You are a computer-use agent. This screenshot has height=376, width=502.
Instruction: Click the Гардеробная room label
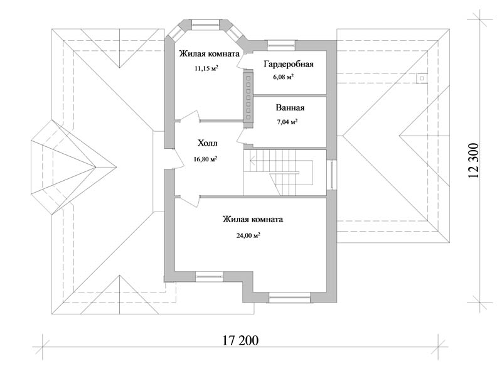(x=289, y=65)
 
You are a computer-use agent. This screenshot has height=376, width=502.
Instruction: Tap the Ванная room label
(x=290, y=107)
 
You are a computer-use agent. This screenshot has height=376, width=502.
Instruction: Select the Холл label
(x=208, y=143)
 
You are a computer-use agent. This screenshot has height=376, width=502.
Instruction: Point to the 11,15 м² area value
(x=206, y=68)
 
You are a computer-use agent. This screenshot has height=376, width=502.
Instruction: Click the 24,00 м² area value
(x=248, y=236)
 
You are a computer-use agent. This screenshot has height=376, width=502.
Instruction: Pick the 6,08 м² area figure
(x=284, y=77)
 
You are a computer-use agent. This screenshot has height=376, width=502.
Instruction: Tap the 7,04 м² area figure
(x=287, y=122)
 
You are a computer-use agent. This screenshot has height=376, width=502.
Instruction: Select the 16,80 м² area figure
(x=206, y=159)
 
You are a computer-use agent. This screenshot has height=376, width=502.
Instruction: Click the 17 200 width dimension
(x=240, y=340)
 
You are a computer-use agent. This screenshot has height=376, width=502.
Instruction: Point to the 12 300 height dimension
(x=474, y=161)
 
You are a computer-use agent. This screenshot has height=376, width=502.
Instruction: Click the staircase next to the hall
(x=278, y=173)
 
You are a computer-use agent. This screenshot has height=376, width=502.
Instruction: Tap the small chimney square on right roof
(x=422, y=78)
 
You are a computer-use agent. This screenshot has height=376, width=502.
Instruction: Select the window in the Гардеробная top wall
(x=281, y=45)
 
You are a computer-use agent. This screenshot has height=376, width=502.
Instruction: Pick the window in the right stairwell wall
(x=332, y=175)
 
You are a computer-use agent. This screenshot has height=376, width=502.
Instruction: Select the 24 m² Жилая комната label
(x=253, y=220)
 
